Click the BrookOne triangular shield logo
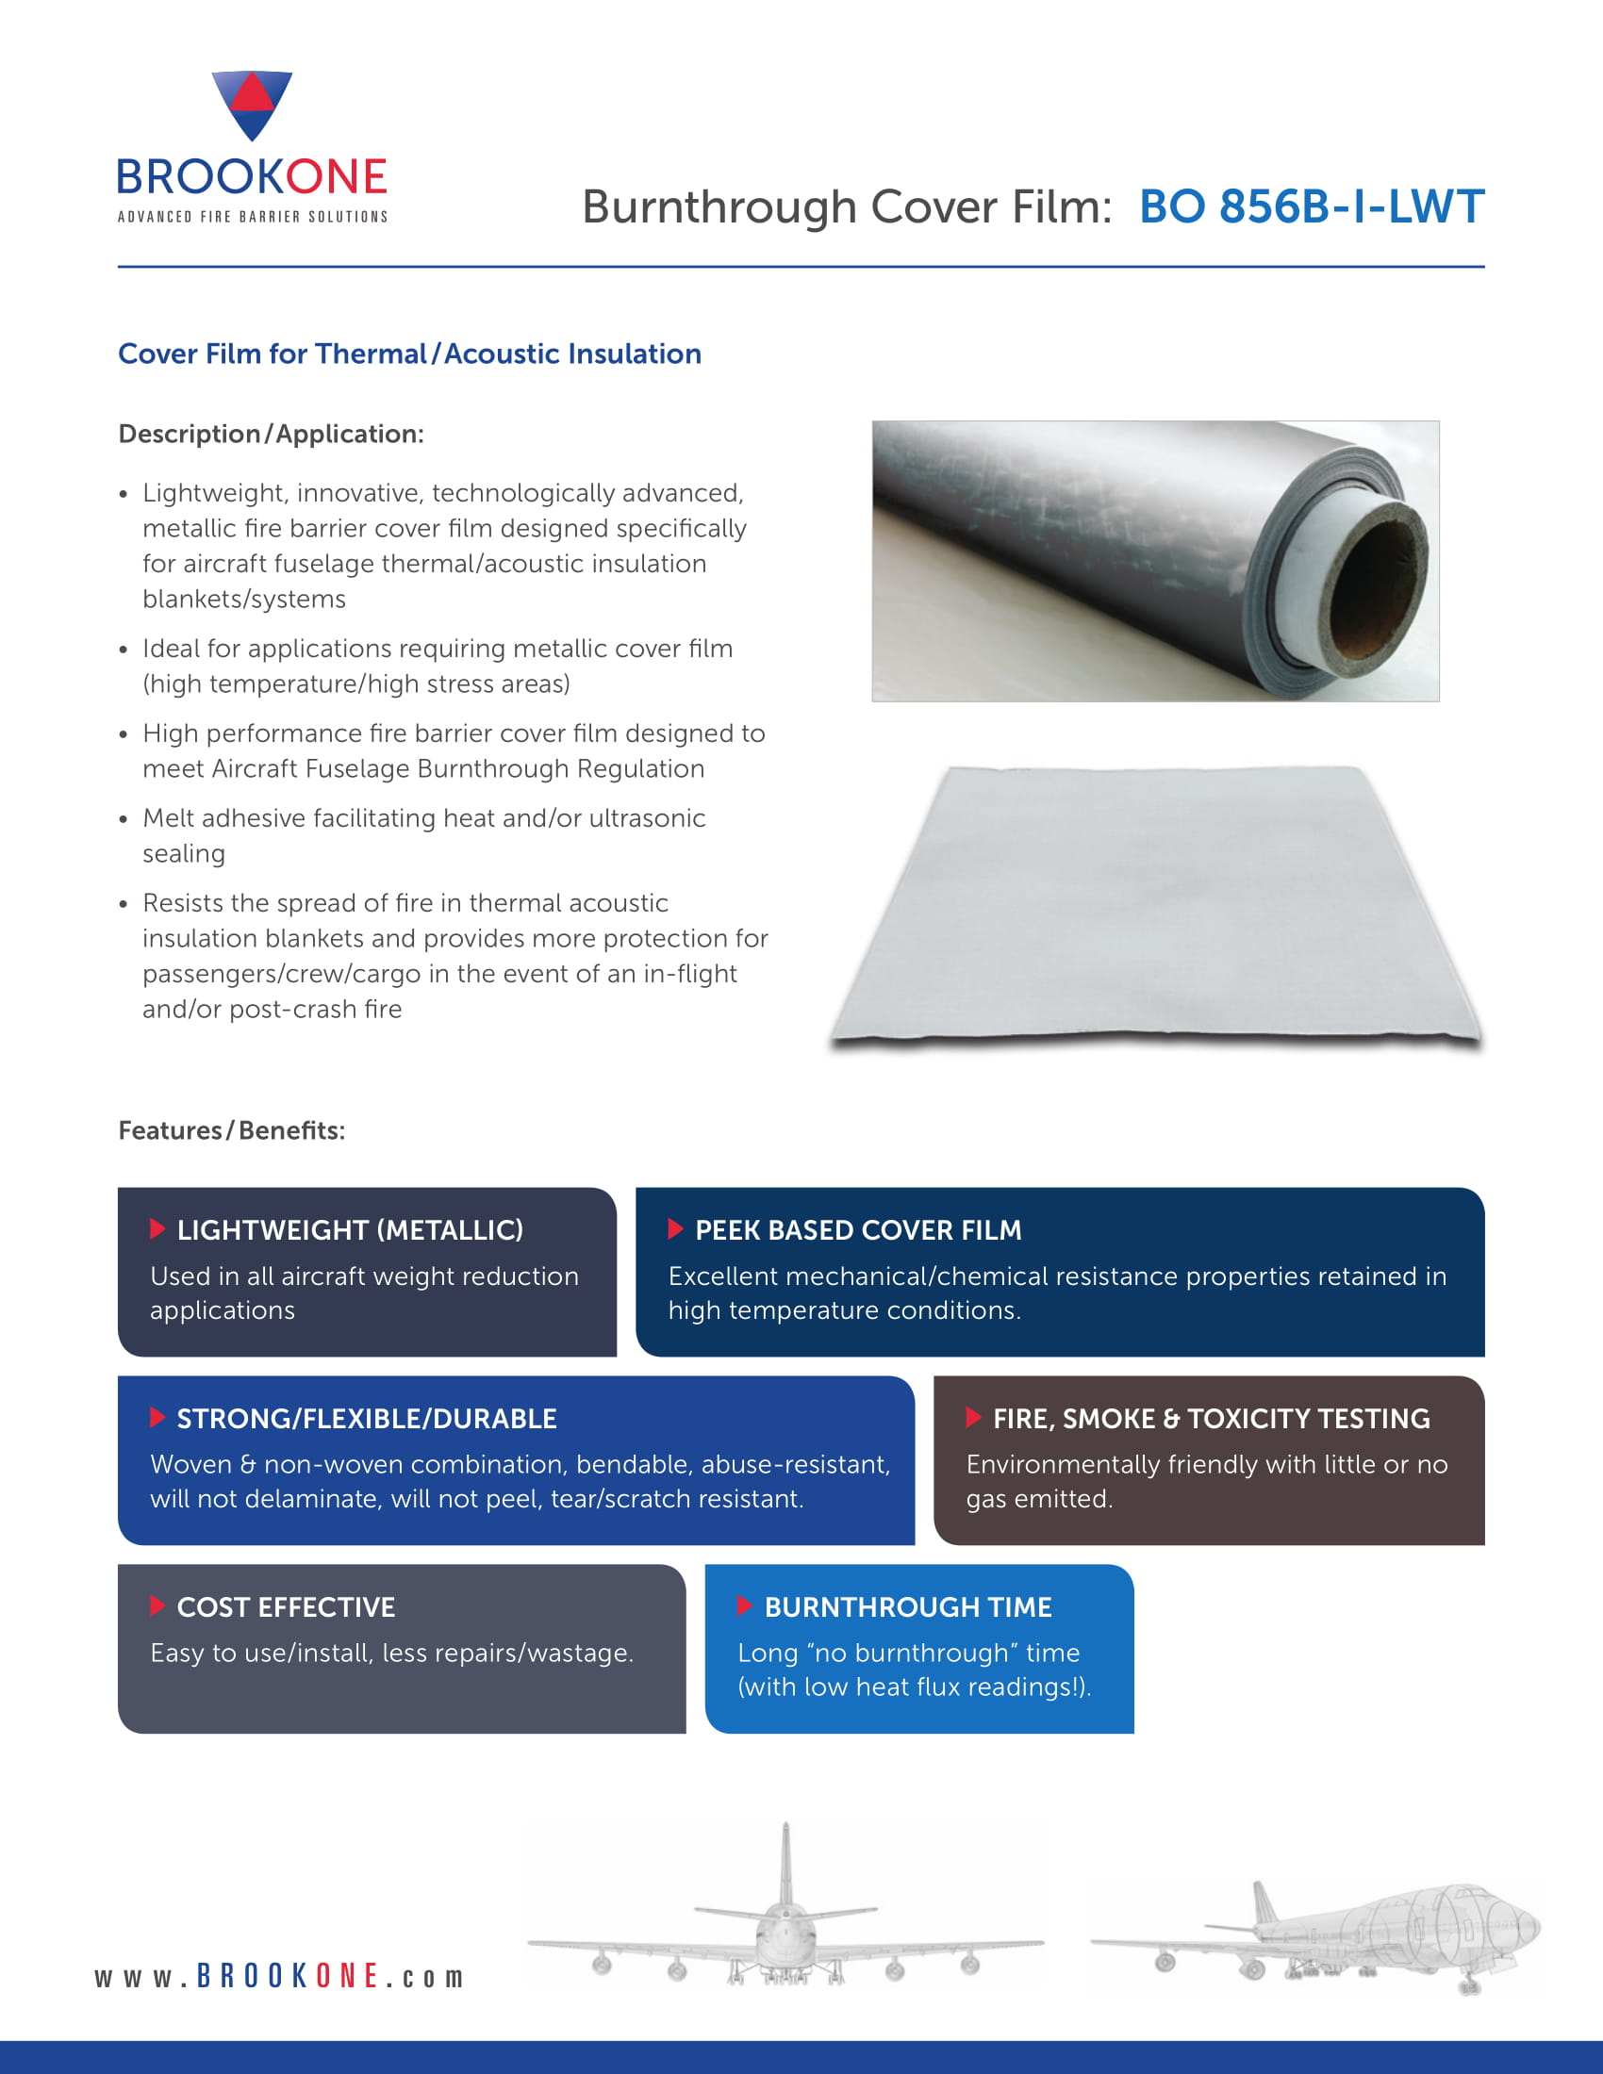click(252, 104)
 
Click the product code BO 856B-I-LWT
click(1311, 207)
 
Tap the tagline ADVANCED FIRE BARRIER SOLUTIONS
click(252, 218)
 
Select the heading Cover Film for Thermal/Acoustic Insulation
click(409, 354)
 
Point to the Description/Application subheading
click(271, 434)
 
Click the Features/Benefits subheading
click(232, 1130)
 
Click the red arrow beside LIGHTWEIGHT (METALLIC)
click(157, 1228)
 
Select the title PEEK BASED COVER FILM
click(857, 1229)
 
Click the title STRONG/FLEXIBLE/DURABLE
click(367, 1419)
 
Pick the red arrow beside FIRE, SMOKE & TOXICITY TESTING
click(972, 1417)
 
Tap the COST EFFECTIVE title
click(286, 1606)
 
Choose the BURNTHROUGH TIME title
click(908, 1606)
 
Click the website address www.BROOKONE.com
click(279, 1976)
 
